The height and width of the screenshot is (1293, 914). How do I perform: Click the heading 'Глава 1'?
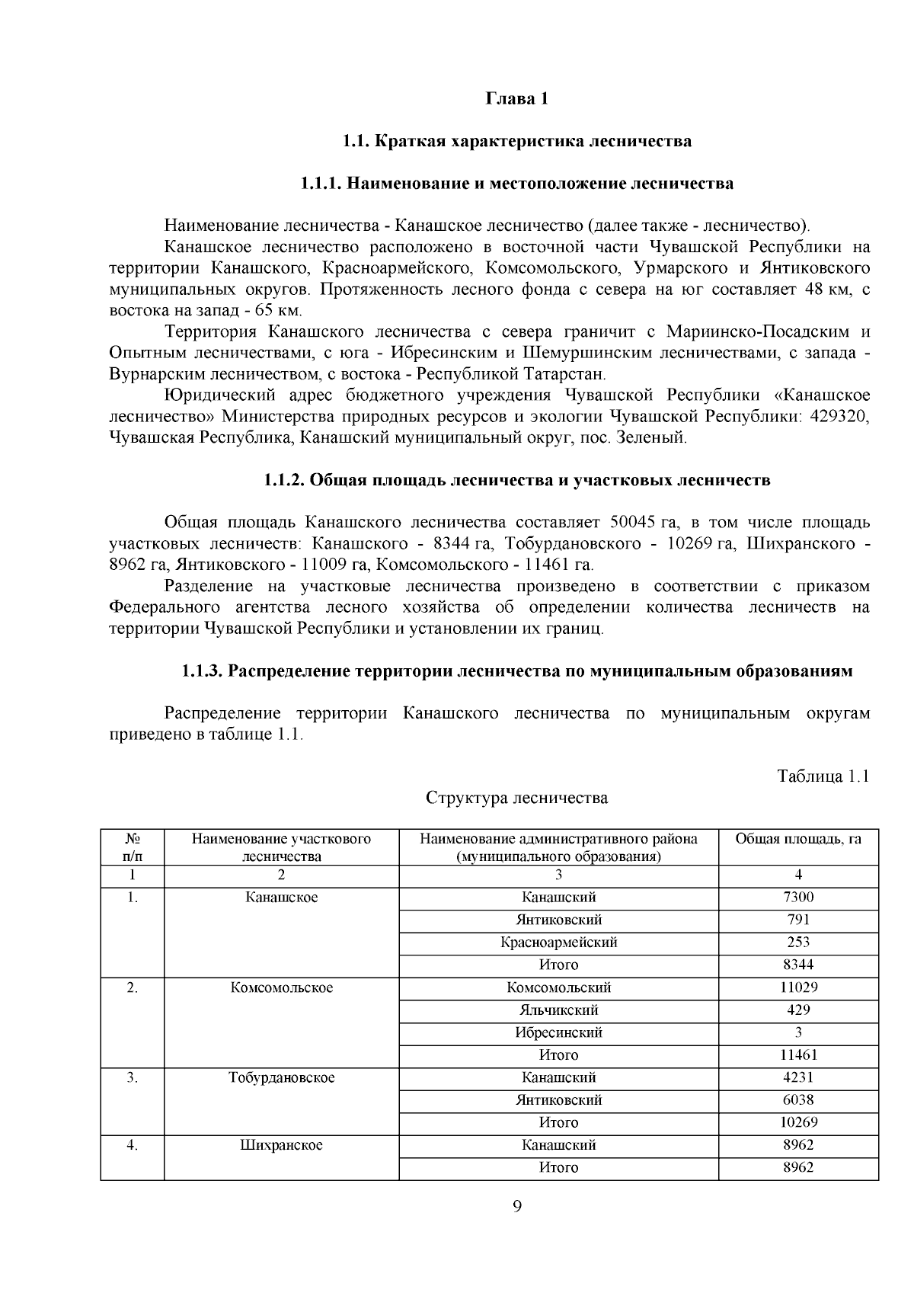click(516, 100)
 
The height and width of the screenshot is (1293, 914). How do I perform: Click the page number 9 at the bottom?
click(517, 1206)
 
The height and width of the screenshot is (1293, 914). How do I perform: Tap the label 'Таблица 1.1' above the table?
click(823, 776)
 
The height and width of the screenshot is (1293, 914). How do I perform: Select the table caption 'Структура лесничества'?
click(516, 798)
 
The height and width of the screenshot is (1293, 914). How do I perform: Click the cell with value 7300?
click(797, 898)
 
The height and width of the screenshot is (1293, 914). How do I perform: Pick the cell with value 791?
click(797, 920)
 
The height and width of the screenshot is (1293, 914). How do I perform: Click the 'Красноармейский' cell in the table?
click(558, 943)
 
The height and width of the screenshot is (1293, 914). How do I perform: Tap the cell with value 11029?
click(797, 987)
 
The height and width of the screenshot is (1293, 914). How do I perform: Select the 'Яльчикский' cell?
click(558, 1010)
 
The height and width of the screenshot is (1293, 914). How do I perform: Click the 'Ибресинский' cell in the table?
click(558, 1032)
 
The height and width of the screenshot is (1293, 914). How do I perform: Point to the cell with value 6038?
click(797, 1100)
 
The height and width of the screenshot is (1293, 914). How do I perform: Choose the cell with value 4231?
click(797, 1077)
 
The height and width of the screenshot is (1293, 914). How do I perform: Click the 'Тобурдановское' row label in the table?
click(281, 1077)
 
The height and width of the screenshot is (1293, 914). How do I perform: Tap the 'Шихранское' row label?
click(281, 1145)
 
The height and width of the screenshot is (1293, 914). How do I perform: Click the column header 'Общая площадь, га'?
click(797, 840)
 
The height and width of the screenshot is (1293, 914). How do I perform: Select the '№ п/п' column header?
click(132, 847)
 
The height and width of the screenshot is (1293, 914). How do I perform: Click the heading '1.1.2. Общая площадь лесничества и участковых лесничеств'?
click(516, 480)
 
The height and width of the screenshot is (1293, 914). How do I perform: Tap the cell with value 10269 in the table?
click(797, 1122)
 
